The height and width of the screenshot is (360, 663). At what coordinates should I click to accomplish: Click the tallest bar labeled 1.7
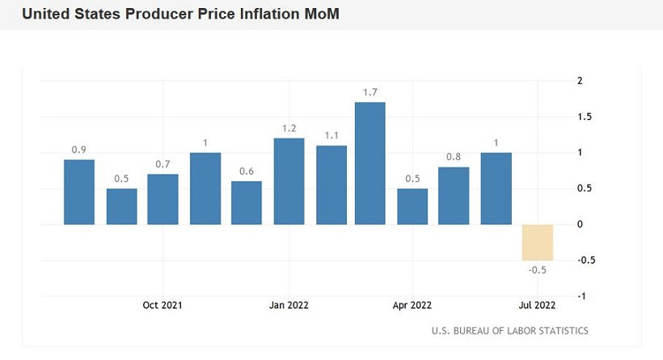[370, 163]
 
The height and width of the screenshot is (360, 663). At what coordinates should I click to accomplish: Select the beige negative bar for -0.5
[537, 242]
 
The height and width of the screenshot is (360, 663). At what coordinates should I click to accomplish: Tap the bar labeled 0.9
[79, 192]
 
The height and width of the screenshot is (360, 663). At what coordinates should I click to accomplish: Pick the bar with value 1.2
[289, 181]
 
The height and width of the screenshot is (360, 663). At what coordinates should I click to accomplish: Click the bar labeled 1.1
[331, 184]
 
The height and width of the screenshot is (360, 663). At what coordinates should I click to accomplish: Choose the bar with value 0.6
[247, 202]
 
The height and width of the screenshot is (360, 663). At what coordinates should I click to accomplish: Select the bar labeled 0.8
[454, 196]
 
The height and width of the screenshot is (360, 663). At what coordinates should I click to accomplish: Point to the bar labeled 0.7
[163, 199]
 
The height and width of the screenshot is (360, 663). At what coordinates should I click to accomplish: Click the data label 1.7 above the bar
[370, 93]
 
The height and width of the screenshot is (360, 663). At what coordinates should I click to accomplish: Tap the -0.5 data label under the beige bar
[537, 270]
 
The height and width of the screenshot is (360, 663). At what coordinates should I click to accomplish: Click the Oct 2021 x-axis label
[163, 305]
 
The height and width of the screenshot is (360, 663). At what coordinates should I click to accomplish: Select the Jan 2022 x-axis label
[289, 305]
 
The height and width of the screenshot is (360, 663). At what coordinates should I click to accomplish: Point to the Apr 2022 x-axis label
[412, 305]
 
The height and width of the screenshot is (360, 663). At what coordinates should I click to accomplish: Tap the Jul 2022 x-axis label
[537, 305]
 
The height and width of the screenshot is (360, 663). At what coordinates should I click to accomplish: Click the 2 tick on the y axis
[580, 81]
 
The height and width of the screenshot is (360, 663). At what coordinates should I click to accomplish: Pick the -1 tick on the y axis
[580, 296]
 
